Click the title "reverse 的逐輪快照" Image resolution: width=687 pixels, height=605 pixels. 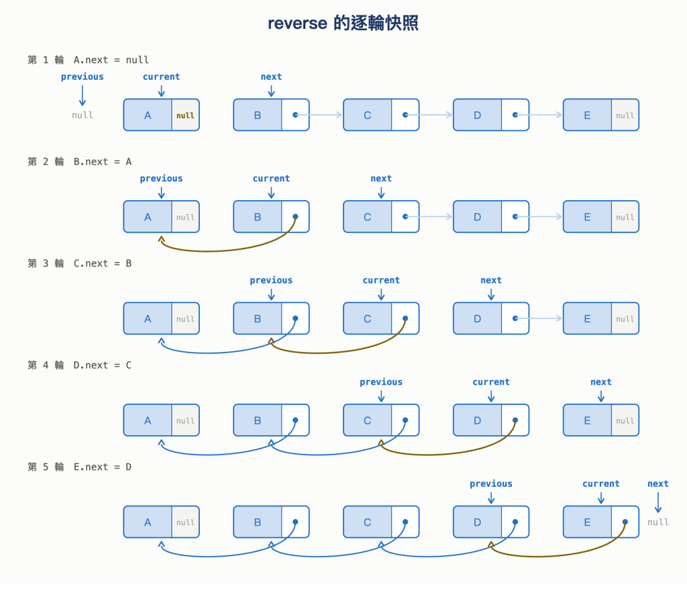[x=343, y=23]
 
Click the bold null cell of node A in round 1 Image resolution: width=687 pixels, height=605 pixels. [x=185, y=115]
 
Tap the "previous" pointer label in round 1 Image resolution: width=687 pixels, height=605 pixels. [x=83, y=77]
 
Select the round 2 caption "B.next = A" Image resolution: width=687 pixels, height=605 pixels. [x=103, y=161]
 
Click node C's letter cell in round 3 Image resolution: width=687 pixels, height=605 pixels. [x=367, y=318]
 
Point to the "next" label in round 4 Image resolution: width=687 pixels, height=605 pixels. [x=600, y=382]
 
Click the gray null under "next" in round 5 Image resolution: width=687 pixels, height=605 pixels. [x=657, y=522]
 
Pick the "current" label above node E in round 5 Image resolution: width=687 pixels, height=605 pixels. [x=600, y=483]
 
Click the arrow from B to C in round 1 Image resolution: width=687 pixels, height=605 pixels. [x=319, y=115]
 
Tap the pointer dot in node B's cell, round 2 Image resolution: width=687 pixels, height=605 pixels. [x=295, y=217]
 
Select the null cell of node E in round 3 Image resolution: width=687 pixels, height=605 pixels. [x=625, y=318]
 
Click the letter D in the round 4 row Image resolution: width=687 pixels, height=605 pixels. [x=477, y=420]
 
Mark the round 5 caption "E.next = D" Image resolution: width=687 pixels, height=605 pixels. [x=103, y=467]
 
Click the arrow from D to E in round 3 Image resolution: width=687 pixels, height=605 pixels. [x=539, y=318]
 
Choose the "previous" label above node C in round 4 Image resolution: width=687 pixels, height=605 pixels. [x=381, y=382]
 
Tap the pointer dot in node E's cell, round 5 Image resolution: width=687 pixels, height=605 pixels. [x=625, y=522]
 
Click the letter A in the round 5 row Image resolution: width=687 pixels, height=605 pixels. [x=148, y=522]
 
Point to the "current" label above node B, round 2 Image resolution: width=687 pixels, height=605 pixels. [x=271, y=179]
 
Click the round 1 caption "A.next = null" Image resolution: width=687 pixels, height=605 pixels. [x=111, y=60]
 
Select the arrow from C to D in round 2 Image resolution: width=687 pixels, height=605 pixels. [x=429, y=217]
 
